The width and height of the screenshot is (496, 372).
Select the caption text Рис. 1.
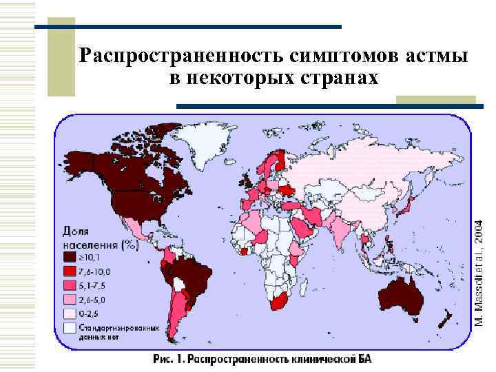click(167, 359)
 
